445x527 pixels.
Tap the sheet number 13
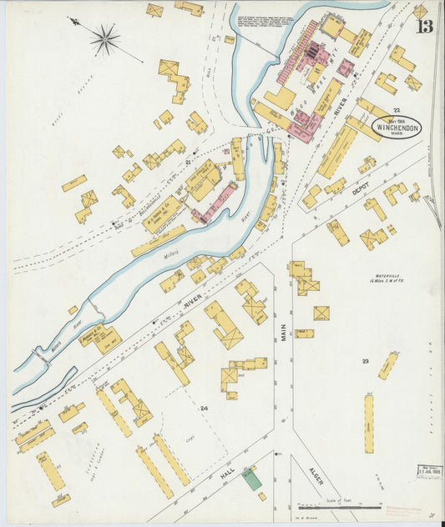(x=425, y=28)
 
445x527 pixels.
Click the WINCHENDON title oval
(x=397, y=127)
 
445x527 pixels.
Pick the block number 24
(x=204, y=408)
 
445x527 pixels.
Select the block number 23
(x=365, y=361)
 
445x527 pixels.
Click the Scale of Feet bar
(x=337, y=504)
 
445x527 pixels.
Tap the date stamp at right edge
(x=429, y=472)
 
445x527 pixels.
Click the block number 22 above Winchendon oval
(x=397, y=109)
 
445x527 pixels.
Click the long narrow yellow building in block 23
(x=368, y=424)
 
